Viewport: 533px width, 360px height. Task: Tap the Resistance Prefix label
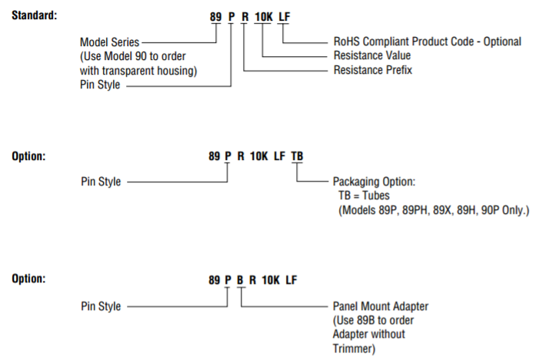[372, 70]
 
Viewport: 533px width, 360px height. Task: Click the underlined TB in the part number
[297, 155]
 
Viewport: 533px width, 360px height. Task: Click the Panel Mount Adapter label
[380, 306]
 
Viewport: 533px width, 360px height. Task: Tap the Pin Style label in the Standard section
[100, 86]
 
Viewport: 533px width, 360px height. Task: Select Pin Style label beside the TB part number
[100, 182]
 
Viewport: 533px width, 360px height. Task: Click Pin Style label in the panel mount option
[100, 306]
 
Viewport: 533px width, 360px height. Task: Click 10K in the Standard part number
[263, 15]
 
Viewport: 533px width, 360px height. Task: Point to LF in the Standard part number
[284, 15]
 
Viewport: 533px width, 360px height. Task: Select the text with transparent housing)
[139, 71]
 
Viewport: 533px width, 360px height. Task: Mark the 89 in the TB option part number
[215, 155]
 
